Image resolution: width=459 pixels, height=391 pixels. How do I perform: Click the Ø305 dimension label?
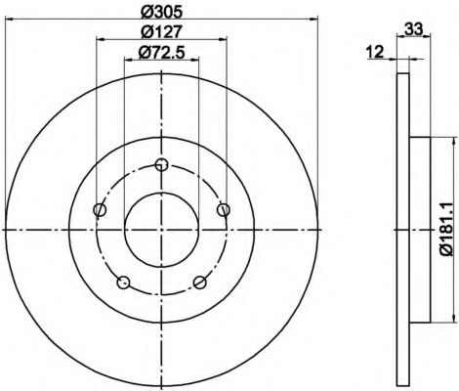[162, 13]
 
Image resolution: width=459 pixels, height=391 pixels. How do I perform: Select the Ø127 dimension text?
[161, 32]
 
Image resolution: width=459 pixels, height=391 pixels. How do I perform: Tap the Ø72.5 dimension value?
[162, 53]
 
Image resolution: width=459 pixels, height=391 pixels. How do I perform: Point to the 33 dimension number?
[413, 29]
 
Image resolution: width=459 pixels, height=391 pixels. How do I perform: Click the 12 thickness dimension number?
[375, 52]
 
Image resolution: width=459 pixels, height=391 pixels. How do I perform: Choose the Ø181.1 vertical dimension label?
[446, 229]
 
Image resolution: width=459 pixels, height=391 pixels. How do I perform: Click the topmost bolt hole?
[161, 164]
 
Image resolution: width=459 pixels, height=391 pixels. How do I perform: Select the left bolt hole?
[100, 209]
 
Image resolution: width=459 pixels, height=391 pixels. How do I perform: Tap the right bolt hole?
[224, 209]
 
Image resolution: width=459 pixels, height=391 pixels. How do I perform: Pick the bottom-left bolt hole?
[123, 282]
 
